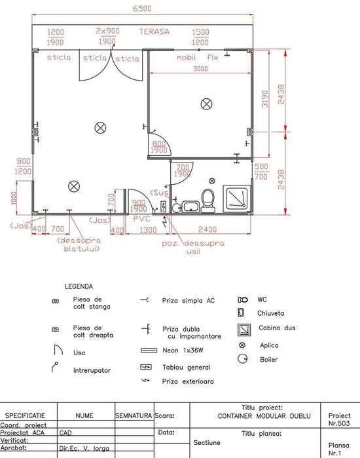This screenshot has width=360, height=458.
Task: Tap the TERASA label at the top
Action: (154, 31)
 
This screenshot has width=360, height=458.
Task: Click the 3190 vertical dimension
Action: (265, 100)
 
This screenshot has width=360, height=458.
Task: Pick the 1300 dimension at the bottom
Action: (149, 230)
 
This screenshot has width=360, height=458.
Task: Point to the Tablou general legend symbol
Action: (146, 367)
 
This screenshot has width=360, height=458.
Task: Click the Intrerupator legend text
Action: (92, 371)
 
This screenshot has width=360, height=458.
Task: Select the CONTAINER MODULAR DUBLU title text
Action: (255, 415)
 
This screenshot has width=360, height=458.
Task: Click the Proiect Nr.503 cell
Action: (340, 419)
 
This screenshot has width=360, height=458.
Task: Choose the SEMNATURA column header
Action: (134, 415)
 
